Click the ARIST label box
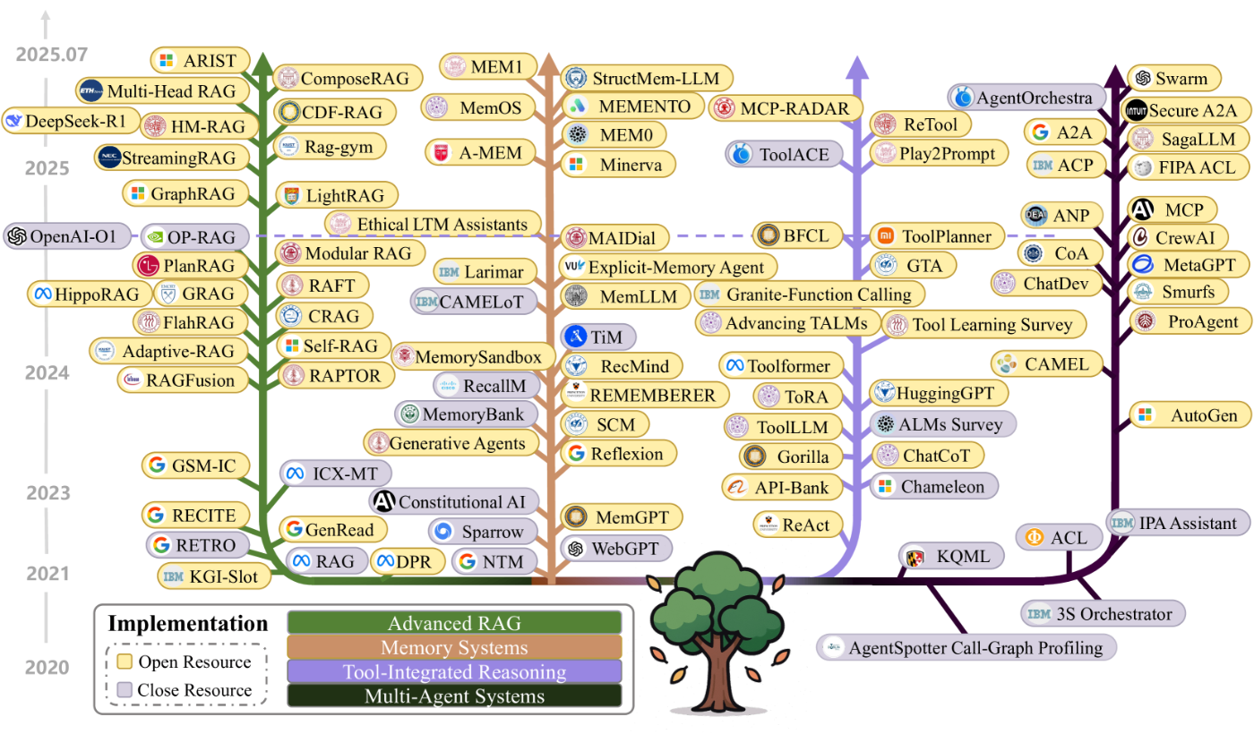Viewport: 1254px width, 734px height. (199, 61)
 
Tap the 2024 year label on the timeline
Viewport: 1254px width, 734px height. (47, 371)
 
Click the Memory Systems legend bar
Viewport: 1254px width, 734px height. (454, 647)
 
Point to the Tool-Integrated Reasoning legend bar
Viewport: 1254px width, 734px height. (454, 671)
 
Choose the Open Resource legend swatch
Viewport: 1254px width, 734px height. (125, 662)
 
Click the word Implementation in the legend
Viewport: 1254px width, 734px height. (187, 624)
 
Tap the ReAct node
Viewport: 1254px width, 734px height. (800, 525)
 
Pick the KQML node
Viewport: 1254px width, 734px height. (951, 557)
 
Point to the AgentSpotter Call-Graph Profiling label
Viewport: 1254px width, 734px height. (966, 647)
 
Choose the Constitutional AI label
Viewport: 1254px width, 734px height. (455, 501)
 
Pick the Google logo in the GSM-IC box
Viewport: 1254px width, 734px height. (158, 465)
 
